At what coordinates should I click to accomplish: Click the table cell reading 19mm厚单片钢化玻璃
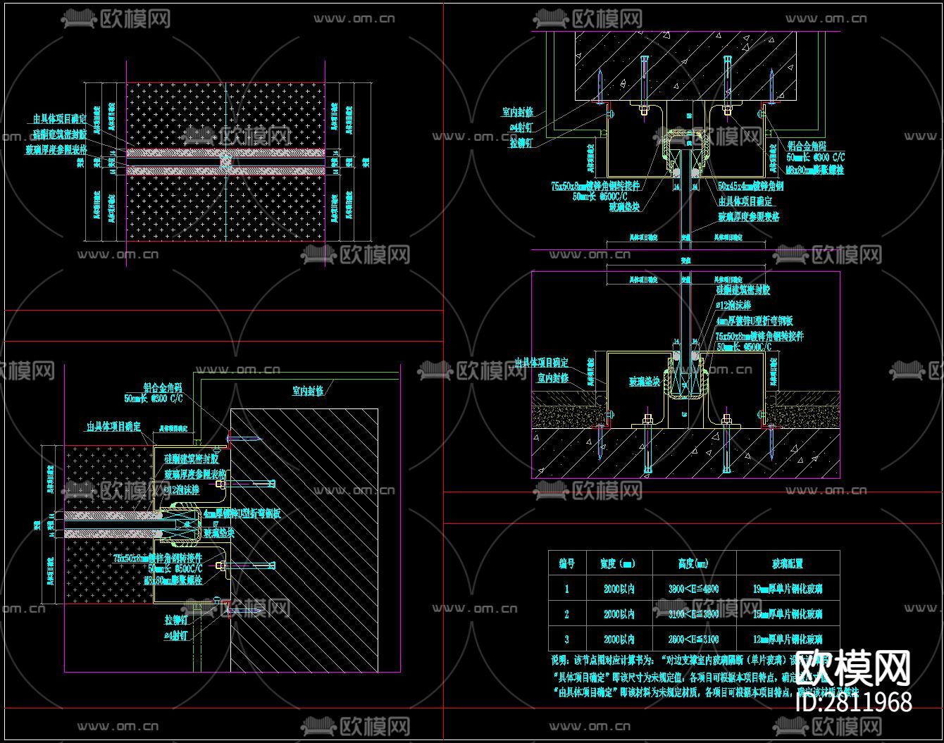788,589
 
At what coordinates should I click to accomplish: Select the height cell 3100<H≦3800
694,614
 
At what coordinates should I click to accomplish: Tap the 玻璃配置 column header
788,563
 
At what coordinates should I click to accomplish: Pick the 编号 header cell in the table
567,563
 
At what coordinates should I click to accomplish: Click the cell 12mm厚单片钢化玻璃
788,639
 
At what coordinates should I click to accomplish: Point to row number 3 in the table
567,639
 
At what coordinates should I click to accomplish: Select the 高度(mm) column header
694,563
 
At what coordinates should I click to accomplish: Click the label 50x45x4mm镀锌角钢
750,187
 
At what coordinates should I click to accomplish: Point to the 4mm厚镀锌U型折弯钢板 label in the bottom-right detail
754,321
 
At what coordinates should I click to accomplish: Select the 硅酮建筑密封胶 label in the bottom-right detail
743,290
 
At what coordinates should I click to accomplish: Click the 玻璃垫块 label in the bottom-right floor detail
645,382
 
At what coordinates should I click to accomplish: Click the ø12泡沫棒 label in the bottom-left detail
182,489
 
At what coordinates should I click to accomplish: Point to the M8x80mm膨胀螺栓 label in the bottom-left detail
173,581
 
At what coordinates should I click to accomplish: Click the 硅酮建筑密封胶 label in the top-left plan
60,134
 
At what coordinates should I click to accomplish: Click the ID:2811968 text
854,702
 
